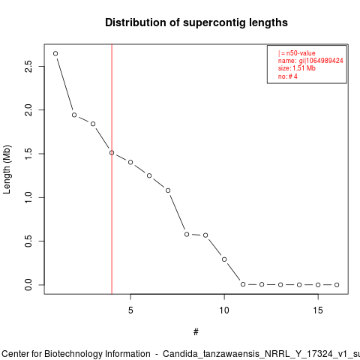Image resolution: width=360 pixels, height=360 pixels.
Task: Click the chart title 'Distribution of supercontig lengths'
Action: click(x=196, y=22)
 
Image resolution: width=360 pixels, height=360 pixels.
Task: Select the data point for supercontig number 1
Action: click(x=55, y=53)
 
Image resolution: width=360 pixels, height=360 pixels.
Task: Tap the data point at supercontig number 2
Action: click(x=74, y=115)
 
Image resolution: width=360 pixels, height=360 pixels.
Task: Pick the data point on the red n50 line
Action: click(x=112, y=153)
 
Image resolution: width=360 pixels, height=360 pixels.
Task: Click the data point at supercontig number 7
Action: click(x=168, y=190)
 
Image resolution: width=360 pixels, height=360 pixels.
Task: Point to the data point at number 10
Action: click(x=224, y=259)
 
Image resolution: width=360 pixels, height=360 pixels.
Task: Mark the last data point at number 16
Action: click(x=337, y=285)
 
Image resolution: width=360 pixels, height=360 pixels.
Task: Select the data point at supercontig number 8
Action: click(x=187, y=235)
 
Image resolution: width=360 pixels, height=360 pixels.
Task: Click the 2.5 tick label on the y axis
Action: click(x=28, y=66)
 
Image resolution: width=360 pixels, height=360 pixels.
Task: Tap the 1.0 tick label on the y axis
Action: click(x=28, y=197)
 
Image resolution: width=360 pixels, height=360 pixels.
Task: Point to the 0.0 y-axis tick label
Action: click(x=28, y=285)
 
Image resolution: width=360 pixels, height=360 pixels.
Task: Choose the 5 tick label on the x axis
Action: click(x=130, y=310)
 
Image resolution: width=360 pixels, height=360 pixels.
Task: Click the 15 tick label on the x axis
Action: click(x=318, y=310)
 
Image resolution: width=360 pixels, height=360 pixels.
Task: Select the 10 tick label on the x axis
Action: click(x=224, y=310)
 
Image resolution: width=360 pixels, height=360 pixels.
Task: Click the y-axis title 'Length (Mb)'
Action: click(x=7, y=169)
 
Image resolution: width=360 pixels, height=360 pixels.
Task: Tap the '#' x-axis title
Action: click(x=196, y=332)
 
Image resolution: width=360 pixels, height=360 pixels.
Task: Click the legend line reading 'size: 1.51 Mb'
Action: click(x=297, y=68)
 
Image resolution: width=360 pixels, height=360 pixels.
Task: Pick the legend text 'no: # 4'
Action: click(x=288, y=76)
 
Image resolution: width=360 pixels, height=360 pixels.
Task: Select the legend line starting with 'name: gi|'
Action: click(x=310, y=61)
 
